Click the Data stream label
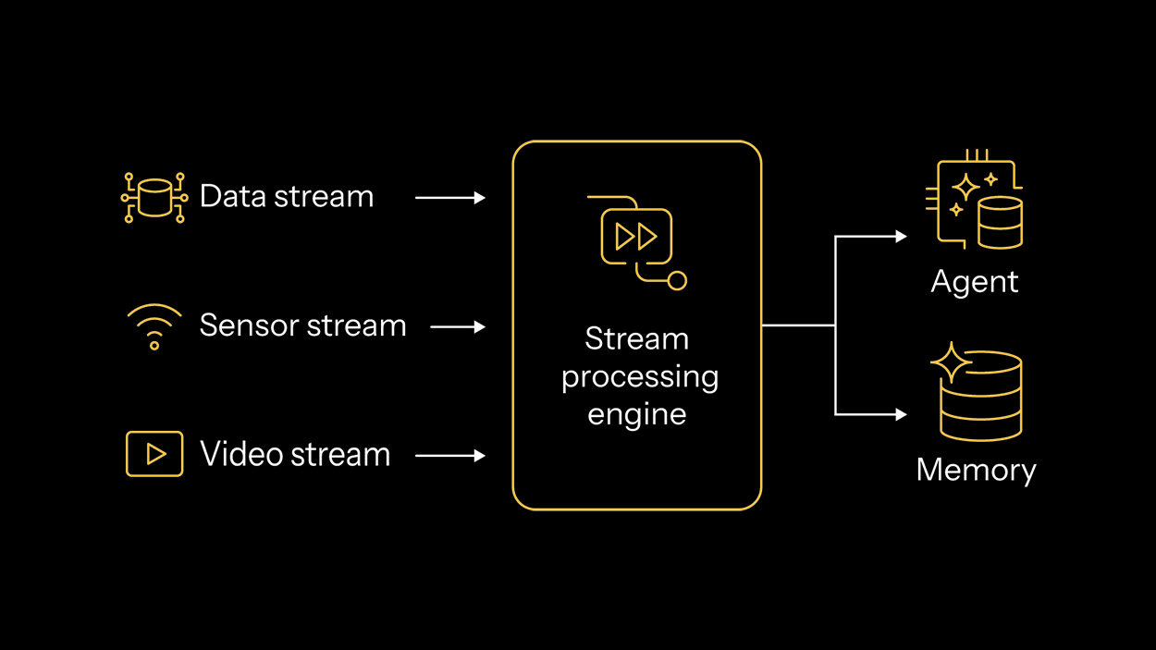click(x=287, y=197)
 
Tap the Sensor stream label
click(x=302, y=325)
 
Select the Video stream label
click(x=295, y=455)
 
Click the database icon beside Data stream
click(x=154, y=197)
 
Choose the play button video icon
click(x=154, y=454)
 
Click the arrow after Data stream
click(x=450, y=198)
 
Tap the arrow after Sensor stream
click(x=458, y=326)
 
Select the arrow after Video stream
click(x=450, y=456)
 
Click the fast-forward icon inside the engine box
click(x=636, y=237)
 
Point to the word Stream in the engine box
click(x=636, y=339)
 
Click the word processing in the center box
click(x=639, y=377)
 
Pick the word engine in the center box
click(x=636, y=413)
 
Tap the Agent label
click(x=974, y=282)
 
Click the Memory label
click(x=976, y=470)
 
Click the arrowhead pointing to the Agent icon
click(x=901, y=237)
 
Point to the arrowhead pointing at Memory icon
click(x=901, y=415)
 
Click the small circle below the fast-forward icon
click(x=677, y=280)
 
